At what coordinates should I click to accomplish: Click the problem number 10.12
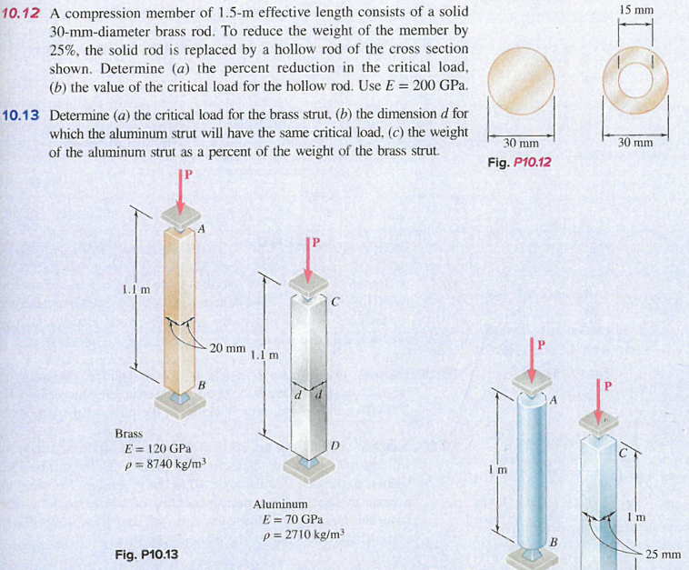click(x=20, y=13)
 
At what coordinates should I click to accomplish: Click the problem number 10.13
click(x=20, y=115)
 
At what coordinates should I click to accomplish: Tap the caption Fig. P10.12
click(x=519, y=163)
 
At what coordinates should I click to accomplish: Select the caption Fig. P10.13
click(x=146, y=555)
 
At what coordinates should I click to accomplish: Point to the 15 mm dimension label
click(x=636, y=10)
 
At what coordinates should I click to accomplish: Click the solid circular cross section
click(x=521, y=81)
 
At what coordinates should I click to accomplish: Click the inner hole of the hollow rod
click(x=635, y=80)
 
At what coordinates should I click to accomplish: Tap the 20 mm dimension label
click(x=227, y=348)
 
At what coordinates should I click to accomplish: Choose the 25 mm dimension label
click(x=663, y=555)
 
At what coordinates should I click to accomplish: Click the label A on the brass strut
click(x=201, y=228)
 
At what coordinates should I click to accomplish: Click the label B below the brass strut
click(x=202, y=385)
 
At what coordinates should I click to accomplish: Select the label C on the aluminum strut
click(x=335, y=302)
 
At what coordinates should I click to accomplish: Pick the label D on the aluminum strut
click(x=335, y=446)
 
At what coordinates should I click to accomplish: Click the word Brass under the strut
click(x=129, y=434)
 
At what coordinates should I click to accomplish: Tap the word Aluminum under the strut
click(x=280, y=504)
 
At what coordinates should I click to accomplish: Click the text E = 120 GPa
click(x=158, y=449)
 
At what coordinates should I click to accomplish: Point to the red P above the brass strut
click(x=188, y=175)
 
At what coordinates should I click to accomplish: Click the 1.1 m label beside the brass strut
click(x=135, y=290)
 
